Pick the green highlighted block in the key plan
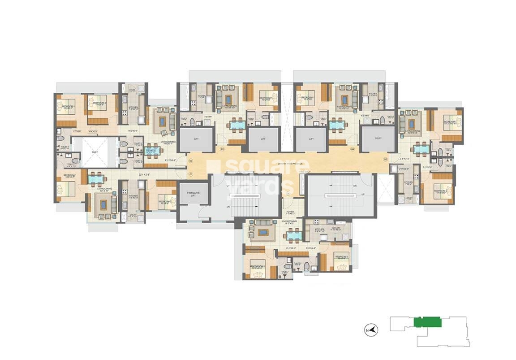click(x=428, y=322)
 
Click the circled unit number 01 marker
click(x=190, y=173)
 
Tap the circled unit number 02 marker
click(x=190, y=160)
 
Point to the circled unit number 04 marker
click(x=353, y=149)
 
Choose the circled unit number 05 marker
click(x=385, y=160)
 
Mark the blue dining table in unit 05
click(x=420, y=147)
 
